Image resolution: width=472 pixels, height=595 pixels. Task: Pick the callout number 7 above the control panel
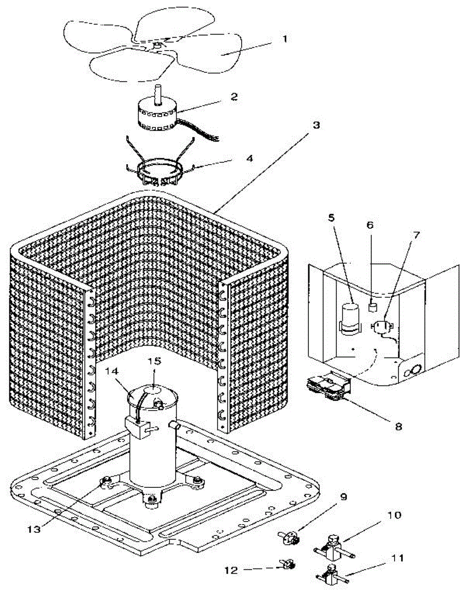(x=416, y=234)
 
